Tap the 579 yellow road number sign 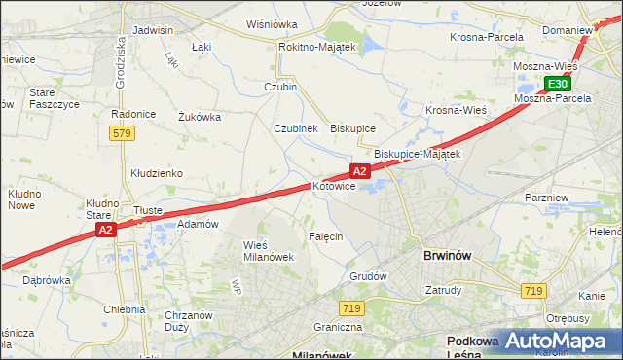pos(121,132)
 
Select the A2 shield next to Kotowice pos(359,171)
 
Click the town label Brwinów pos(448,256)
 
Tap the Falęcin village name pos(326,237)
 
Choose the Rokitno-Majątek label pos(319,46)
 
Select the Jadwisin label pos(152,30)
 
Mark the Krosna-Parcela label pos(487,37)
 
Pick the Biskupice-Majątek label pos(418,154)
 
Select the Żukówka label pos(200,117)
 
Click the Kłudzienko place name pos(157,173)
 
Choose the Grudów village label pos(369,276)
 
